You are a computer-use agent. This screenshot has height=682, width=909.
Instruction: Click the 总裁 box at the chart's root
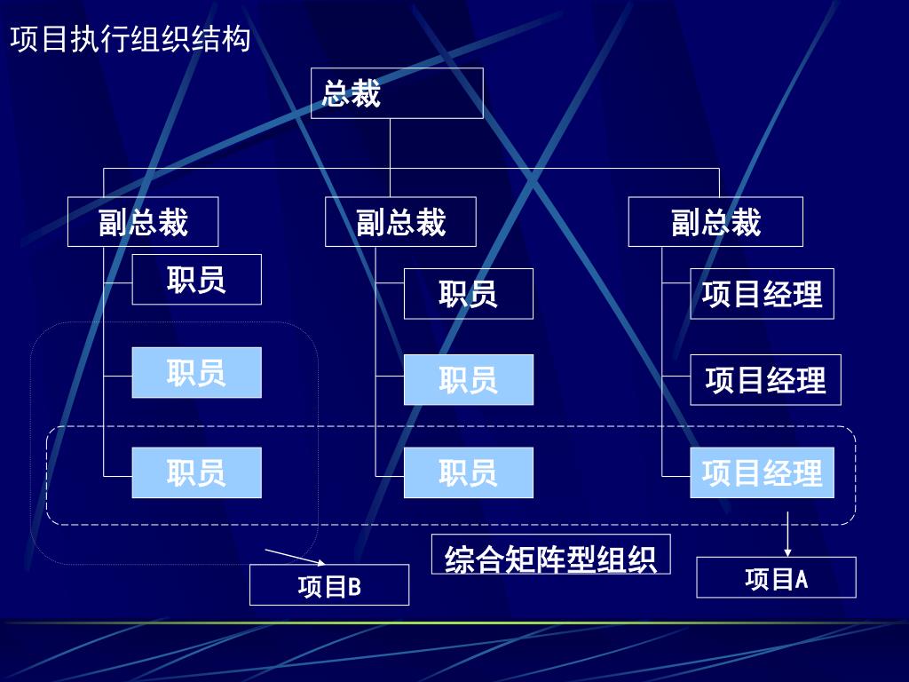[x=396, y=93]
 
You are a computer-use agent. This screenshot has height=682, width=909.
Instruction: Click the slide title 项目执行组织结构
[x=130, y=40]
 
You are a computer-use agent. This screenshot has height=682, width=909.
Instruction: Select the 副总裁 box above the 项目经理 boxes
[x=715, y=222]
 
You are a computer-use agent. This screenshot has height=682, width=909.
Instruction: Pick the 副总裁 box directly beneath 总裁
[x=400, y=222]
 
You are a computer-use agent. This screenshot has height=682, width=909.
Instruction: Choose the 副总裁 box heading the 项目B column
[x=143, y=222]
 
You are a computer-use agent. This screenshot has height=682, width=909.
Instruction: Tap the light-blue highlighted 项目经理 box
[x=762, y=472]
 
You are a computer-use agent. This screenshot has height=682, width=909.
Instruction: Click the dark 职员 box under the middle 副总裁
[x=468, y=294]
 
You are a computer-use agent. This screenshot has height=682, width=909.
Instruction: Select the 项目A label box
[x=776, y=578]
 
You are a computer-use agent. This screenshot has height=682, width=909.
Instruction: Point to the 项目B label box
[x=328, y=585]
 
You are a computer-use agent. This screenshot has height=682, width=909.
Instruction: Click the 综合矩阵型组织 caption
[x=550, y=556]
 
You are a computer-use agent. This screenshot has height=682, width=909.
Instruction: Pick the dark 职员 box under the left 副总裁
[x=196, y=280]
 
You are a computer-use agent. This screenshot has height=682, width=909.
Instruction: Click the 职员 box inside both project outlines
[x=196, y=472]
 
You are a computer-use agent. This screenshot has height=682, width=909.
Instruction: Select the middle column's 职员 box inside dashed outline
[x=468, y=472]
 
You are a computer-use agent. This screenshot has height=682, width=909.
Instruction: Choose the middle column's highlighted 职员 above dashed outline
[x=468, y=380]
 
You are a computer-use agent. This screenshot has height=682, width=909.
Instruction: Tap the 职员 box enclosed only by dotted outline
[x=196, y=373]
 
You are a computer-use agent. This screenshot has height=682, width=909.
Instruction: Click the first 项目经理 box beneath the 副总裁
[x=762, y=294]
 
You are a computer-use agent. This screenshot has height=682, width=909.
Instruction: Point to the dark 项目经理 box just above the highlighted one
[x=765, y=380]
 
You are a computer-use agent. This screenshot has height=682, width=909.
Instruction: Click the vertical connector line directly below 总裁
[x=391, y=142]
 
